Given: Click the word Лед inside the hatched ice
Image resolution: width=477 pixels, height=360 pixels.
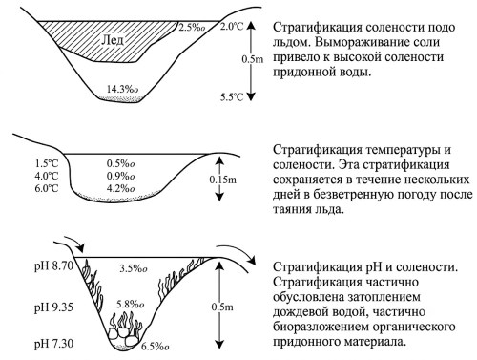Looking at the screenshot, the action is coord(113,40).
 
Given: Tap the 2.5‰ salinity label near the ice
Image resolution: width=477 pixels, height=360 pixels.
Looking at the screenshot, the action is coord(192,28).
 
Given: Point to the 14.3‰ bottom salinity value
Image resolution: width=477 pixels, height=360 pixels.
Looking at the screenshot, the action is coord(122,89).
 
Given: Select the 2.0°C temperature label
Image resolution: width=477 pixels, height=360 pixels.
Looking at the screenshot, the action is coord(232,27).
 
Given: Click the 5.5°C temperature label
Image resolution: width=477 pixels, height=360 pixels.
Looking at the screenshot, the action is coord(232,96).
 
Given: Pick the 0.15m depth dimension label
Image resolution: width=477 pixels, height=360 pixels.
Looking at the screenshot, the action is coord(223,180).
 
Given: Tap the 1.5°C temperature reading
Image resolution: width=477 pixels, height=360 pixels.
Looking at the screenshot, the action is coord(47,163).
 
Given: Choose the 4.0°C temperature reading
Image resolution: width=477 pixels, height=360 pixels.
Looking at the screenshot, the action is coord(47,176).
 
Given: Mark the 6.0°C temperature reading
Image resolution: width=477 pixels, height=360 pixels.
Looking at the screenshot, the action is coord(47,188).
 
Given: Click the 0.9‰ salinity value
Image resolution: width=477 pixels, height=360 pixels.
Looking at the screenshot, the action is coord(120,176).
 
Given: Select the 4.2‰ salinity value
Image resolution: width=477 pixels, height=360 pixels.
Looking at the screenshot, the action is coord(120,188).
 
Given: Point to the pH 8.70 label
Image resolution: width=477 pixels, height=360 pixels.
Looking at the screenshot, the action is coord(53,265).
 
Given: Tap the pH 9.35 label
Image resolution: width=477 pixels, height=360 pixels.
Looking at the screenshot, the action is coord(53,307).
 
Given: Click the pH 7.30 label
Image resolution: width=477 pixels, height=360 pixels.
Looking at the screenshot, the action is coord(53,344).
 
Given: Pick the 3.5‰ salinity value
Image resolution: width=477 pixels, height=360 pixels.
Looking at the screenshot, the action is coord(134,268).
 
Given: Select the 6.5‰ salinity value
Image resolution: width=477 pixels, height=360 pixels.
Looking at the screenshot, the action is coord(156,347).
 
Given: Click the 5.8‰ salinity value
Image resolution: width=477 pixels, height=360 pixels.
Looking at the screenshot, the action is coord(131,305).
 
